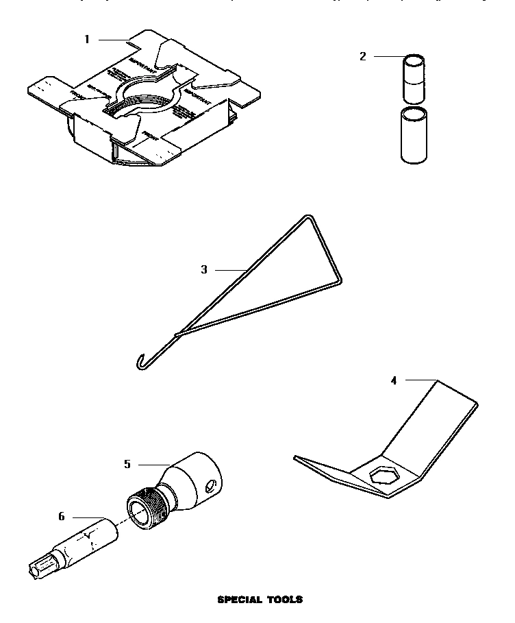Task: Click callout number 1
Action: coord(87,39)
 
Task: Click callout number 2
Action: coord(363,56)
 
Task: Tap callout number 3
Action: coord(204,269)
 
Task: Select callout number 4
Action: coord(393,379)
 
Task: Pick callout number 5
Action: coord(127,464)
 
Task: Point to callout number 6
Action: coord(61,516)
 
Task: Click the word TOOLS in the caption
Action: coord(284,600)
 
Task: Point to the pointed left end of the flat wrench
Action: coord(296,457)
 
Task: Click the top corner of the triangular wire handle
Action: coord(307,218)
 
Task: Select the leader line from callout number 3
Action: coord(229,269)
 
